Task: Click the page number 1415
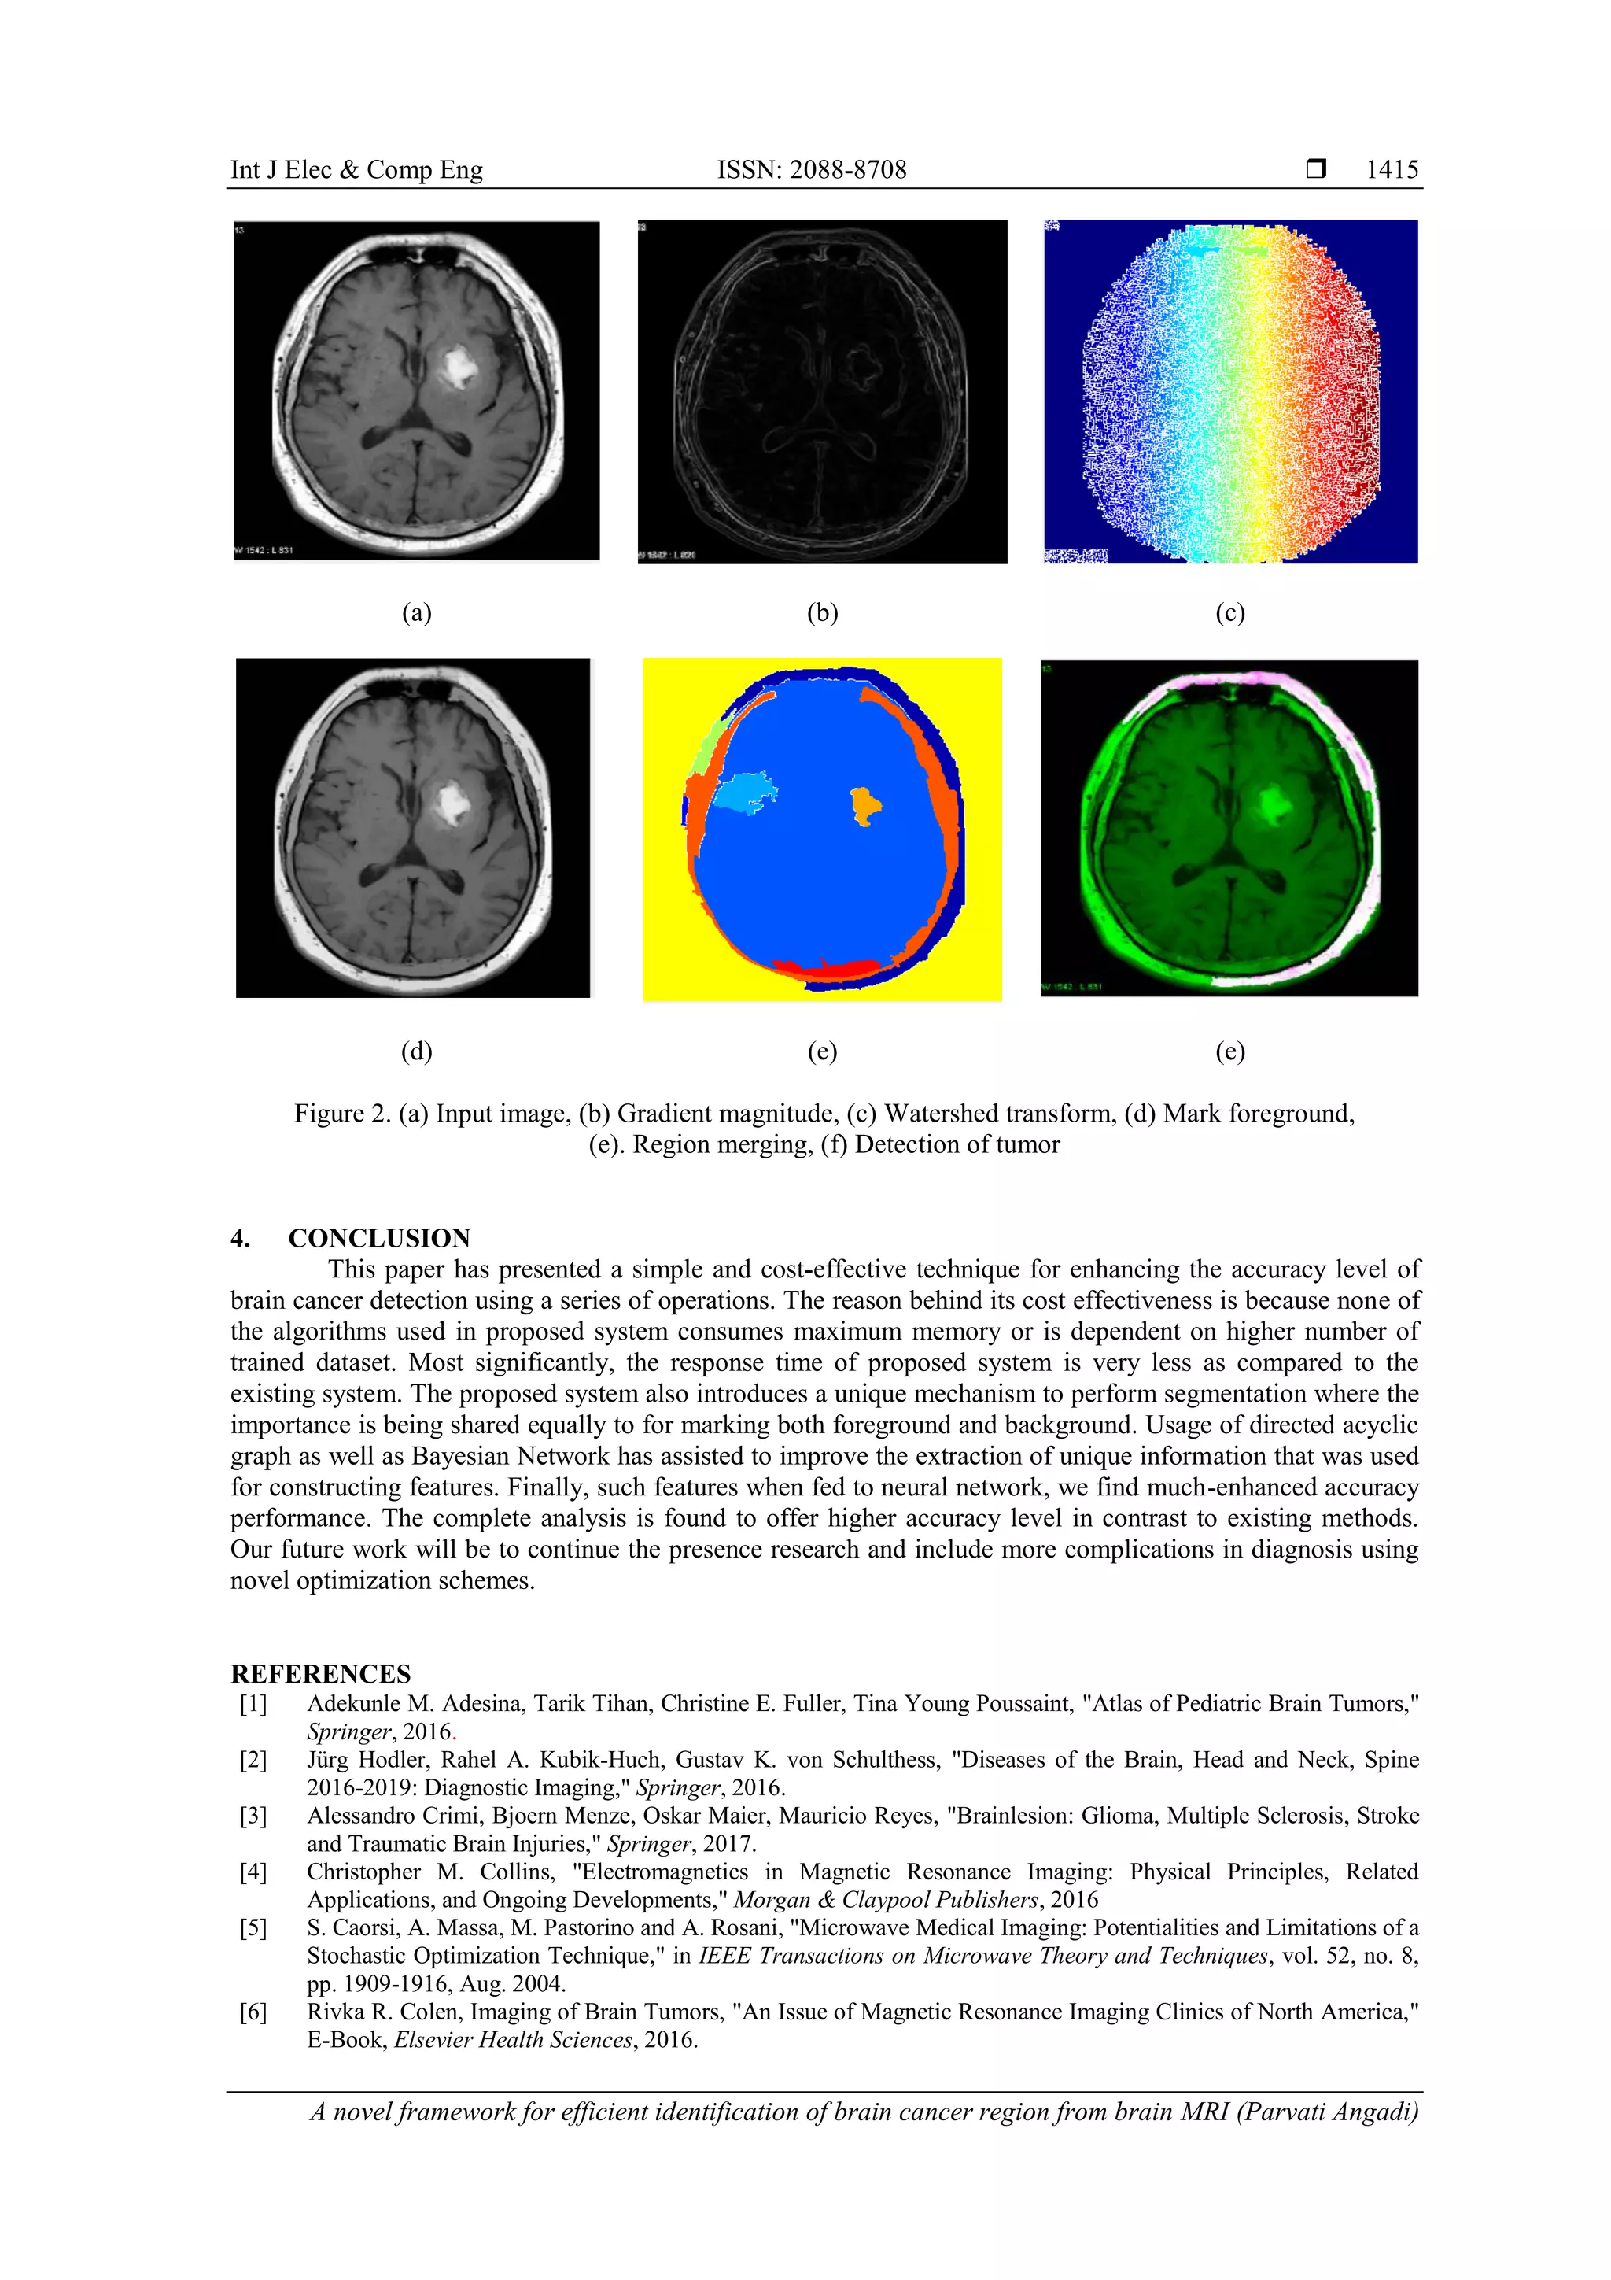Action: (1392, 170)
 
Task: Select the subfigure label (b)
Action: (822, 613)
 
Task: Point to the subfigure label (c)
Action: (1229, 613)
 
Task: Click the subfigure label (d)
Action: (416, 1051)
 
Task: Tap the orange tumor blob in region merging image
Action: (864, 804)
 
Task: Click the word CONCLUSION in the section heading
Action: (379, 1238)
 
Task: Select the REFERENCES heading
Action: (321, 1673)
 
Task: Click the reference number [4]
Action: (253, 1872)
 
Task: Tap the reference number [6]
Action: (253, 2012)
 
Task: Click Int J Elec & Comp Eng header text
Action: (356, 170)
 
